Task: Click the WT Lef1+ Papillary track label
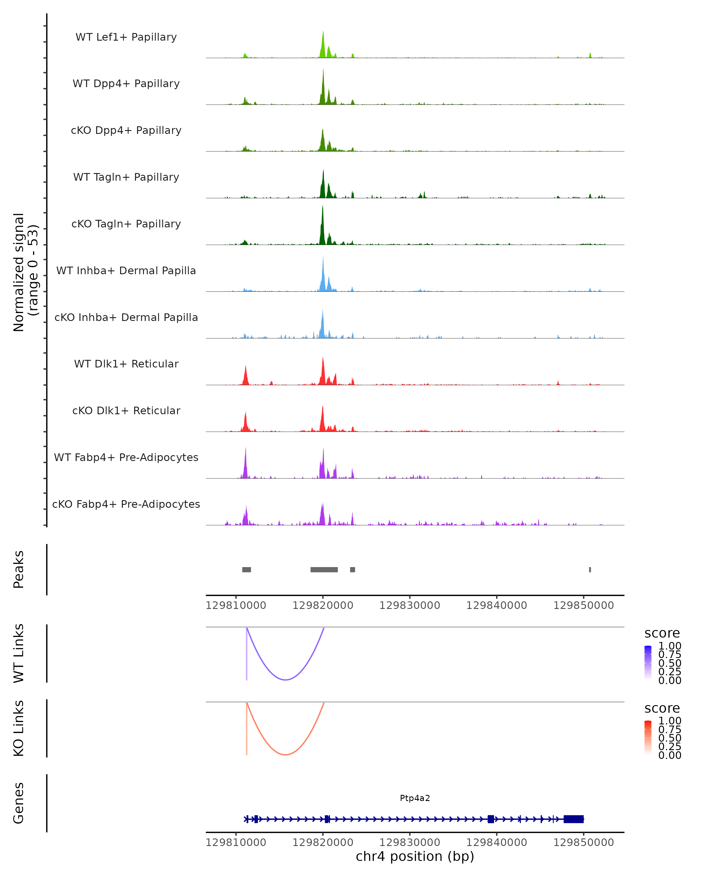pyautogui.click(x=126, y=37)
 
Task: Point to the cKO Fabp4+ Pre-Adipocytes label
pyautogui.click(x=126, y=504)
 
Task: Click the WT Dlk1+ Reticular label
pyautogui.click(x=126, y=364)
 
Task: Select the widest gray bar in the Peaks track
pyautogui.click(x=324, y=569)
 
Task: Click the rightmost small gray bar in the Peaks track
pyautogui.click(x=590, y=569)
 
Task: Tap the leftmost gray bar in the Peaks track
pyautogui.click(x=247, y=569)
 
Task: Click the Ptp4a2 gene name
pyautogui.click(x=415, y=798)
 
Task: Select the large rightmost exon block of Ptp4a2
pyautogui.click(x=573, y=819)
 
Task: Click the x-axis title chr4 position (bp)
pyautogui.click(x=415, y=856)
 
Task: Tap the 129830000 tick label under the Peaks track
pyautogui.click(x=409, y=605)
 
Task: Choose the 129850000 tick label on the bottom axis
pyautogui.click(x=583, y=843)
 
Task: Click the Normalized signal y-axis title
pyautogui.click(x=25, y=272)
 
